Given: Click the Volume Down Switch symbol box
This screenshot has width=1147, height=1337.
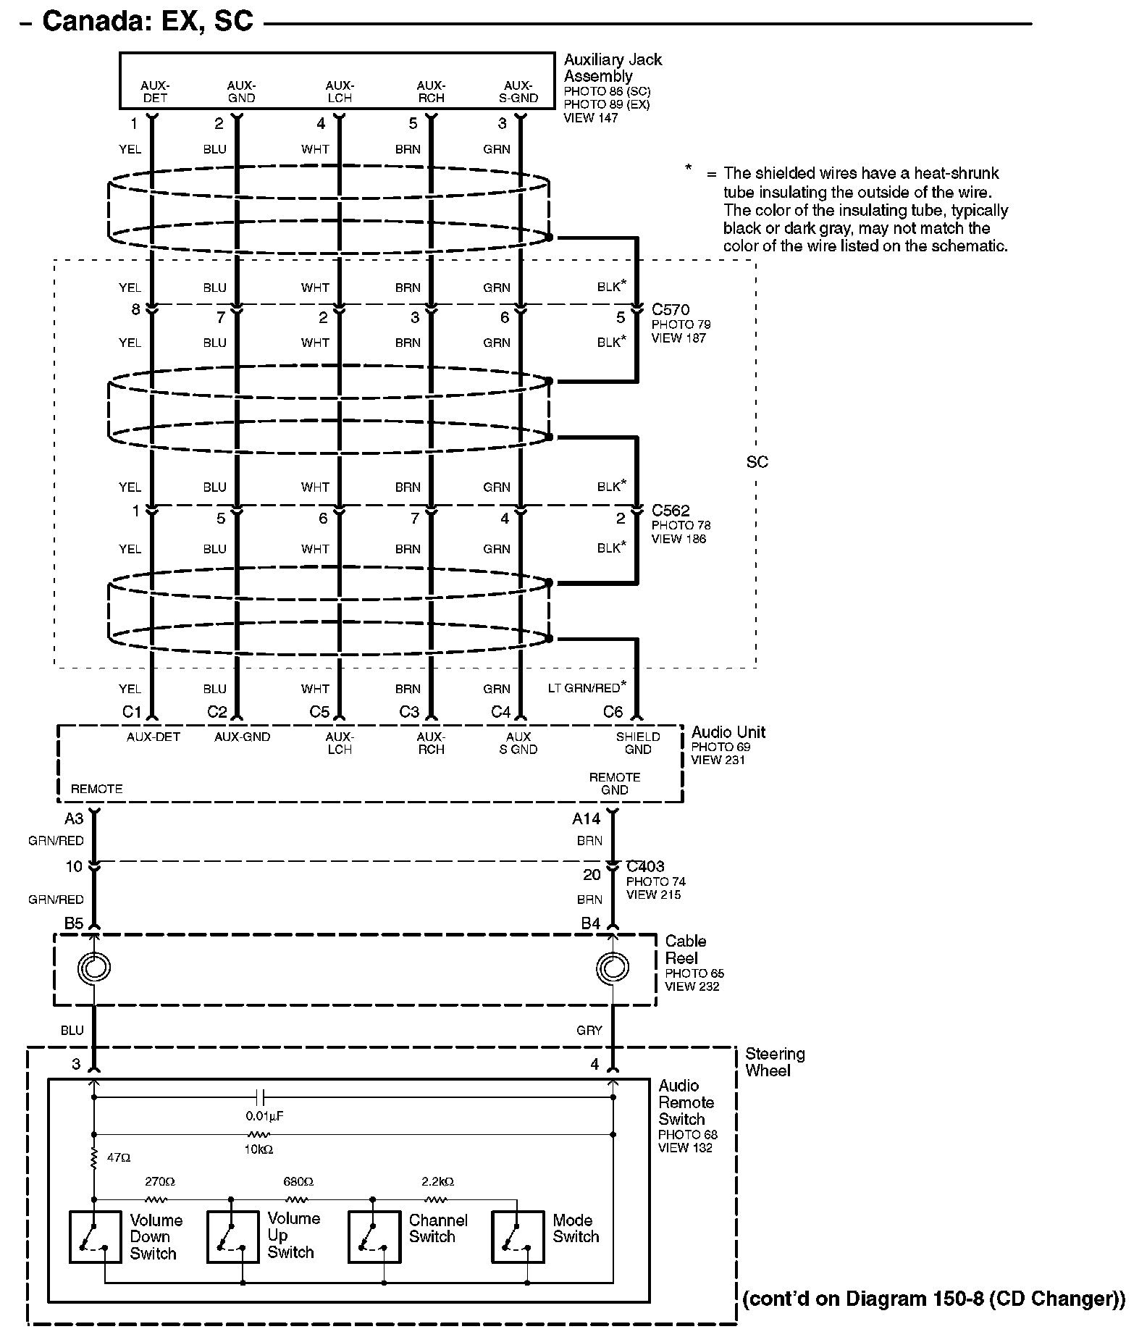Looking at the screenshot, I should pos(95,1236).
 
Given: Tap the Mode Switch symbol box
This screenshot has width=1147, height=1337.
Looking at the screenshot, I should pos(518,1236).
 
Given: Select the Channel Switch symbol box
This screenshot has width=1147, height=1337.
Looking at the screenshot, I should pos(374,1236).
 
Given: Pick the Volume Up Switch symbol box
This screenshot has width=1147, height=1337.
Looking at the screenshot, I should pos(232,1236).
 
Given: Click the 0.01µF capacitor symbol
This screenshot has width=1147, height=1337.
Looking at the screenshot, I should pos(264,1097).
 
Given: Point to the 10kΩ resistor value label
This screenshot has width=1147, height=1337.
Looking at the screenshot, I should pos(259,1149).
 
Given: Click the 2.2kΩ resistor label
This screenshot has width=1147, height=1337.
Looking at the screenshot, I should pos(437,1181).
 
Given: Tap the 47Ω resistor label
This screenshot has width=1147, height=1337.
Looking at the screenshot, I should pos(119,1158).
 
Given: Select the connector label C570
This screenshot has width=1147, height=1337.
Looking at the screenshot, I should pos(671,310).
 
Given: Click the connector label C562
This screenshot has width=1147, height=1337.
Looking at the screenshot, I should pos(671,511).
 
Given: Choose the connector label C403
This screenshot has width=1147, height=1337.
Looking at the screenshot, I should pos(645,866).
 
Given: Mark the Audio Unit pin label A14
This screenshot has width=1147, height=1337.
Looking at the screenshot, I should pos(586,818).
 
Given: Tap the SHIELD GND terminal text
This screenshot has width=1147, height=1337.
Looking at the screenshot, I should pos(638,743).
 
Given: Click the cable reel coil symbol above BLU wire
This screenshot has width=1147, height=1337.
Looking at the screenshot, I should pos(95,967).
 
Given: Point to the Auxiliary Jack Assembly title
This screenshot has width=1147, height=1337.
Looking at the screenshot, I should pos(613,67).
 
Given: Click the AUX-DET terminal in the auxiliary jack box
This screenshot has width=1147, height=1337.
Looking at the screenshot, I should pos(155,92).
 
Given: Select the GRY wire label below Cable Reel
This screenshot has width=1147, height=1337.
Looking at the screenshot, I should pos(589,1030).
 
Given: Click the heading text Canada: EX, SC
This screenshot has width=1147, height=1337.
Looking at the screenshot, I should pos(148,21).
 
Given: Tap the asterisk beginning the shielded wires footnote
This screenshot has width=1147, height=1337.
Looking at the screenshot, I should pos(689,169).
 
